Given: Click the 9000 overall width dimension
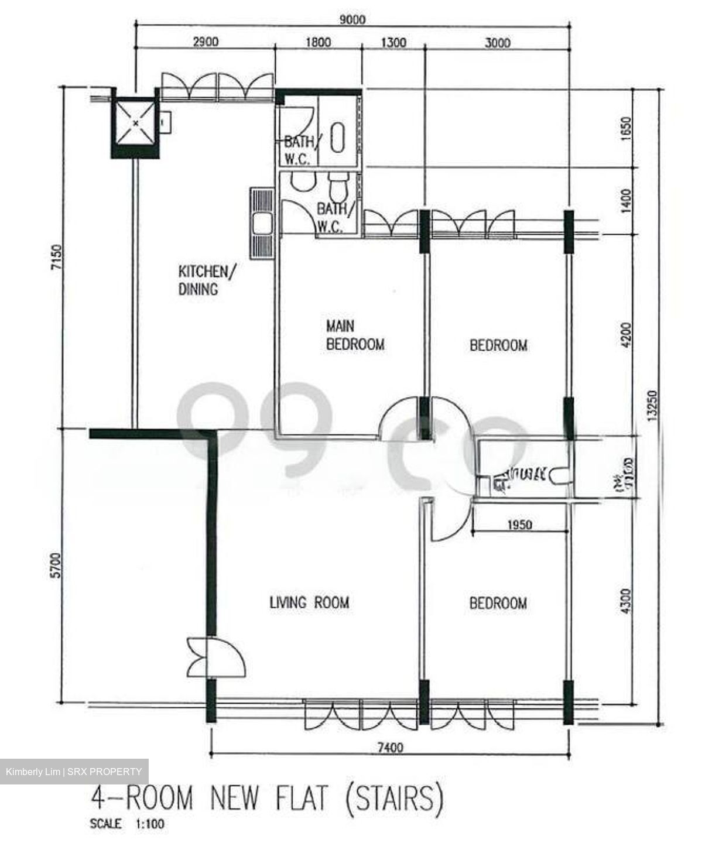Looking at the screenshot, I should (x=352, y=19).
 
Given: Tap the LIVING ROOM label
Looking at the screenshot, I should (x=309, y=602).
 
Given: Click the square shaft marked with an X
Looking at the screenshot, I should (x=135, y=123).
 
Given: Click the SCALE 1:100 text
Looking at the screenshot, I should (x=127, y=824).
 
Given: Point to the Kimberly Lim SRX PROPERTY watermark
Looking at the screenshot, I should (x=74, y=772).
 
